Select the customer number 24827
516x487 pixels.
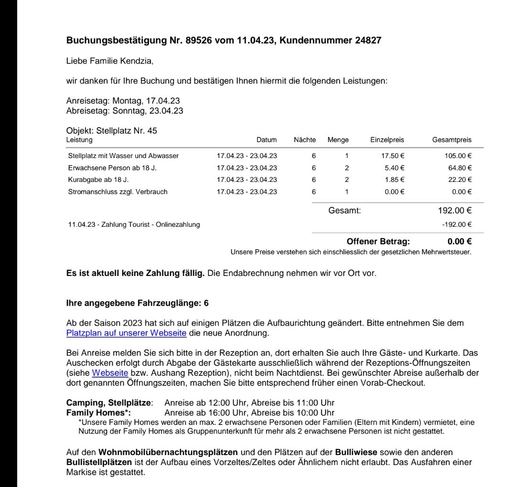tap(368, 41)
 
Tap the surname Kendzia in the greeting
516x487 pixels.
tap(137, 62)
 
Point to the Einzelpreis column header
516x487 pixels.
tap(387, 140)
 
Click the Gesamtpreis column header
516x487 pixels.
tap(451, 140)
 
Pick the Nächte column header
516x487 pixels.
tap(305, 140)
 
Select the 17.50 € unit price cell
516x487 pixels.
tap(391, 156)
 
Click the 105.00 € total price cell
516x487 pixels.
tap(458, 156)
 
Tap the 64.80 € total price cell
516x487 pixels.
tap(460, 168)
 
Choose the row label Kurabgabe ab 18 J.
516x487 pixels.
tap(98, 180)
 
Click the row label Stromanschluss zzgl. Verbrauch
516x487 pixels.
tap(118, 192)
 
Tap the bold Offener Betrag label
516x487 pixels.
tap(378, 242)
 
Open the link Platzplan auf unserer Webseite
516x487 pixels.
tap(126, 333)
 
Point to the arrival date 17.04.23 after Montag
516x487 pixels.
tap(163, 101)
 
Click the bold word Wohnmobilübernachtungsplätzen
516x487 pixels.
tap(168, 452)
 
